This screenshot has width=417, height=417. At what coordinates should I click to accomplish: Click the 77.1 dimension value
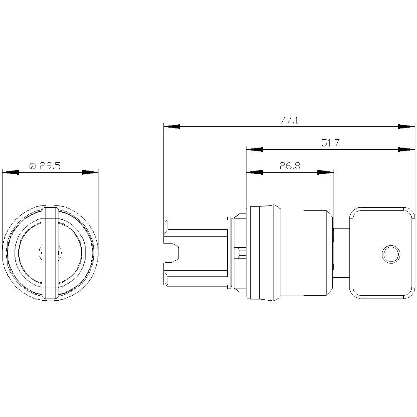289,121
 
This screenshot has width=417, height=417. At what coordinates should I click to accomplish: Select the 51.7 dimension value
331,143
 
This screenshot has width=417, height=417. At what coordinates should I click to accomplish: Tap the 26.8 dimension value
290,166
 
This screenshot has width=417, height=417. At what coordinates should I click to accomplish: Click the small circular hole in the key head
391,254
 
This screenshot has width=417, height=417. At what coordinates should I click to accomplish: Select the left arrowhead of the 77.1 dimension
172,126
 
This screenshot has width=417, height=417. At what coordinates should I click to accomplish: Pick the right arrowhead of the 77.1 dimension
407,126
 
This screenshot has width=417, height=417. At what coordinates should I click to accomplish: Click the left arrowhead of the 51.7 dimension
254,149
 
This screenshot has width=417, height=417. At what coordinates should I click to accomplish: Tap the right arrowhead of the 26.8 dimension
326,172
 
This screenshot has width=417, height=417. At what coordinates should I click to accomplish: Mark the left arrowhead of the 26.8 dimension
254,172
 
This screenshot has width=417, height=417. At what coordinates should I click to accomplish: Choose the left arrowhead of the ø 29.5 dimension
10,172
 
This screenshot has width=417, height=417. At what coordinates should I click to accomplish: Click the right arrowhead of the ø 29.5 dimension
90,172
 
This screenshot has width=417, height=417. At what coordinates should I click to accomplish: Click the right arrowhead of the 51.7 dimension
407,149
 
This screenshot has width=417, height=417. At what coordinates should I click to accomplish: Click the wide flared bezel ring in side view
263,253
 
